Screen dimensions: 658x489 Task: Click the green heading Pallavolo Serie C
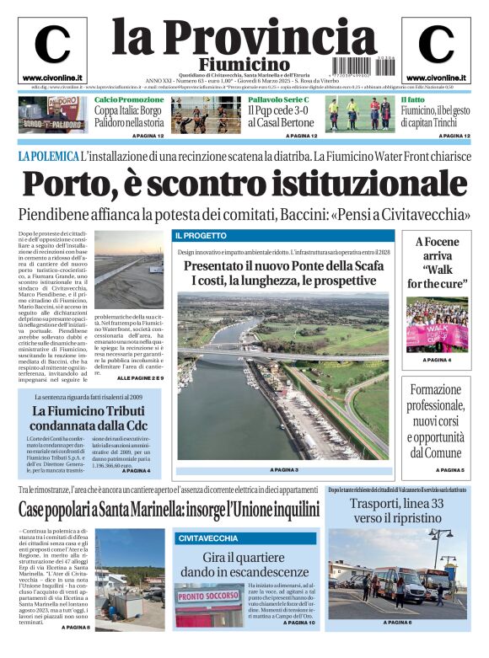[278, 99]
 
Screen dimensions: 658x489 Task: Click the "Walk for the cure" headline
[437, 263]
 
